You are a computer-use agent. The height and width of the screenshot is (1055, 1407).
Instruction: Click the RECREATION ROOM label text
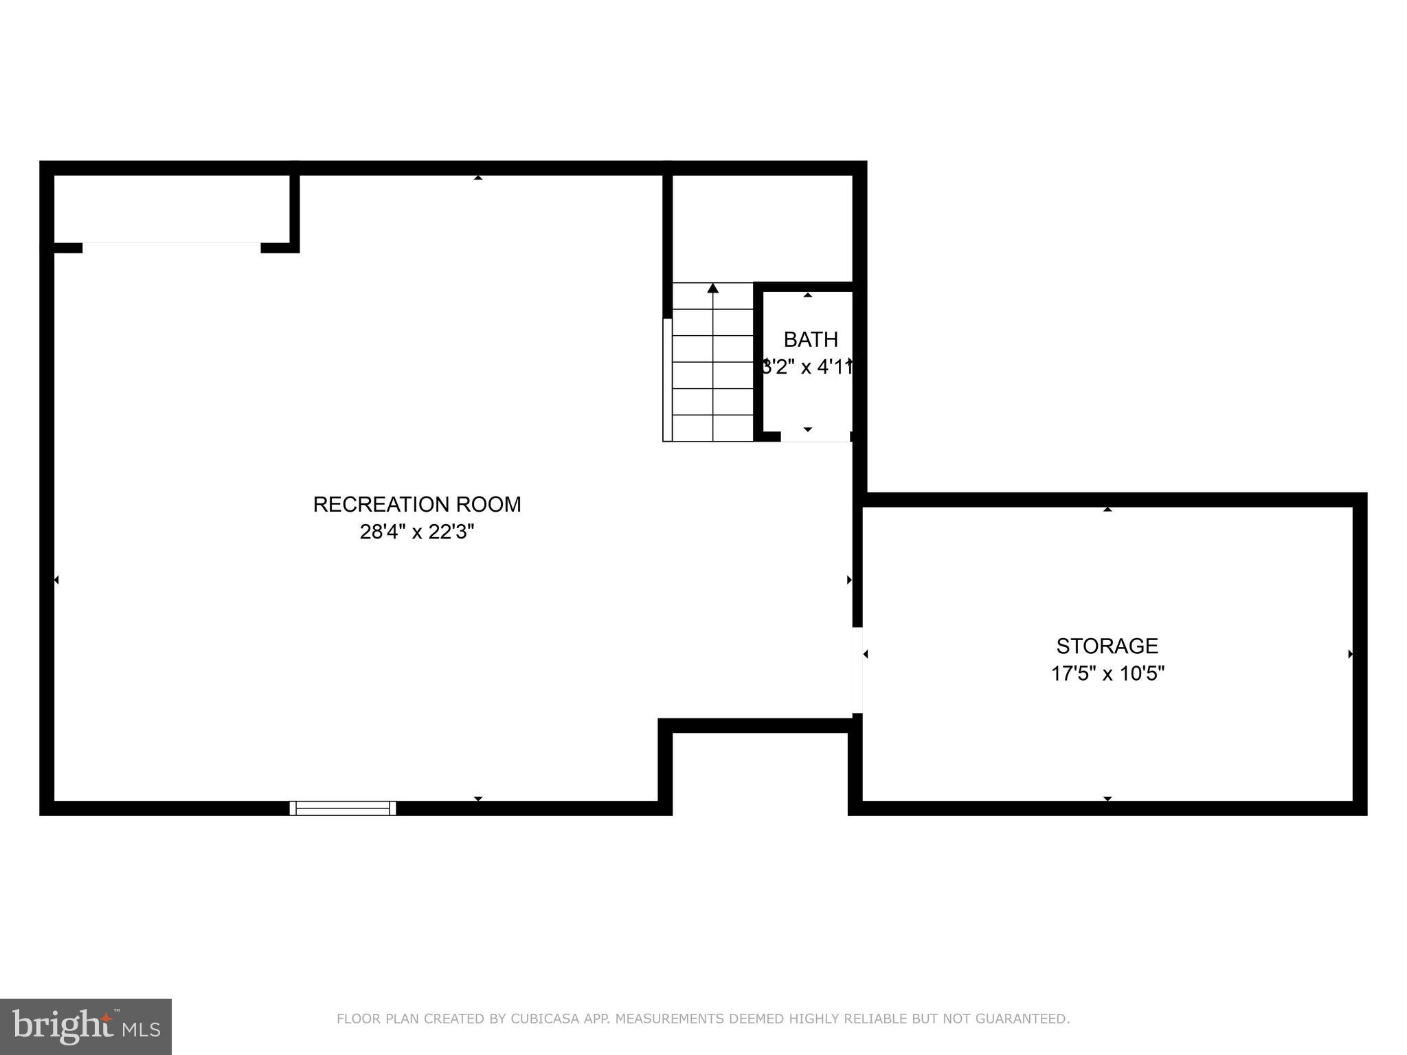pyautogui.click(x=417, y=505)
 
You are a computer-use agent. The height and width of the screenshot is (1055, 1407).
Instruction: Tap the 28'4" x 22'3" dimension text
pyautogui.click(x=417, y=532)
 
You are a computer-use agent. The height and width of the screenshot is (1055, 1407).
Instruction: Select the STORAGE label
pyautogui.click(x=1107, y=646)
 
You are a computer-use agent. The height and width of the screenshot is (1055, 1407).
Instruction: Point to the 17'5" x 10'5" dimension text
pyautogui.click(x=1107, y=674)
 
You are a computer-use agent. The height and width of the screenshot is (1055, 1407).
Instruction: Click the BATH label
pyautogui.click(x=811, y=340)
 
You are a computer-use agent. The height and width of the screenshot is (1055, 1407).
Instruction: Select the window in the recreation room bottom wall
pyautogui.click(x=343, y=808)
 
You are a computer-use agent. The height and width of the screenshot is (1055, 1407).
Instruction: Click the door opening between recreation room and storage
pyautogui.click(x=857, y=670)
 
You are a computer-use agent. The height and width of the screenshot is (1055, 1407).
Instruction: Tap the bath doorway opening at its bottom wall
pyautogui.click(x=815, y=437)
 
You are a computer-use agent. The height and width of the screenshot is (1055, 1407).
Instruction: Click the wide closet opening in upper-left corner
pyautogui.click(x=172, y=247)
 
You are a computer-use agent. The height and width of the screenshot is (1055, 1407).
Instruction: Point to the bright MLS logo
pyautogui.click(x=85, y=1027)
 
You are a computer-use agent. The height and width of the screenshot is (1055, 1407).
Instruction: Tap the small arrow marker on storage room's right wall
pyautogui.click(x=1350, y=654)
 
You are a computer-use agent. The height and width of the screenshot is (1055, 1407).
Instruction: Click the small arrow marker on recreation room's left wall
pyautogui.click(x=56, y=580)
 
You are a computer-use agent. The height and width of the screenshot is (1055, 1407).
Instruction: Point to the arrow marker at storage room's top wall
pyautogui.click(x=1107, y=509)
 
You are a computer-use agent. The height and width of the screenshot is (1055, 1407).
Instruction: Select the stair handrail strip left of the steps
pyautogui.click(x=667, y=379)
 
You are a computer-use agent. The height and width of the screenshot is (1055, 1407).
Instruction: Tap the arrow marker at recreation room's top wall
pyautogui.click(x=478, y=177)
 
